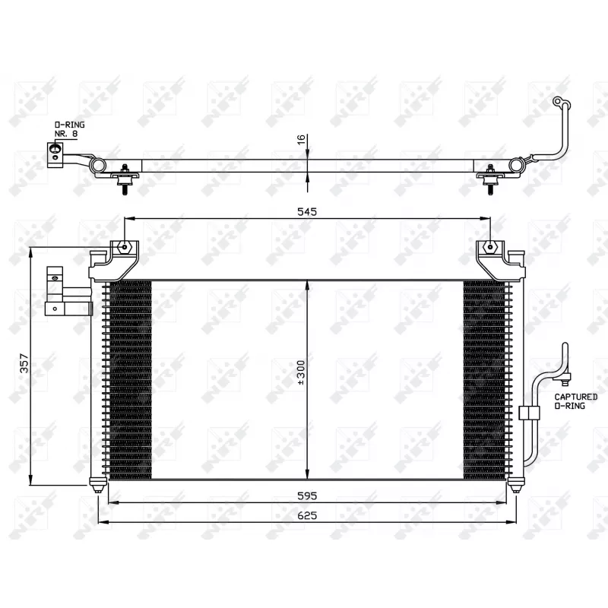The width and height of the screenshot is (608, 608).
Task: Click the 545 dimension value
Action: click(307, 213)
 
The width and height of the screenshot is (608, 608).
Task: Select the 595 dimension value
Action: click(307, 495)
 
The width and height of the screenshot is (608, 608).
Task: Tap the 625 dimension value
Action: click(307, 515)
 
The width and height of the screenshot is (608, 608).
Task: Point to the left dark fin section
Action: click(130, 380)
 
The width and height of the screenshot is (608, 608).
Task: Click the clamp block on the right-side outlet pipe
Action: click(528, 413)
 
